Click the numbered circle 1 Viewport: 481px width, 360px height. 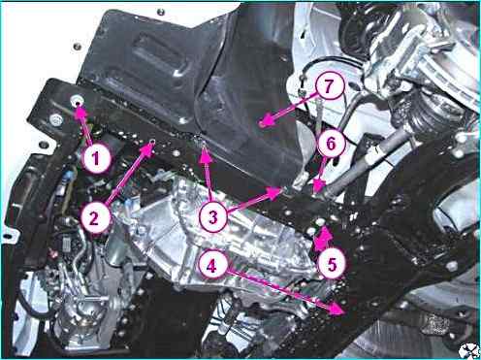point(95,158)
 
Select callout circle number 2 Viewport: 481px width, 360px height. point(95,217)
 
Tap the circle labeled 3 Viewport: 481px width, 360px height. point(213,216)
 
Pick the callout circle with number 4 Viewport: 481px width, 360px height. point(212,266)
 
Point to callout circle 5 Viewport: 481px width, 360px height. point(332,264)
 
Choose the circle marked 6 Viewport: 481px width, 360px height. point(331,144)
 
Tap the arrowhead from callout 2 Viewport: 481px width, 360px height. point(148,148)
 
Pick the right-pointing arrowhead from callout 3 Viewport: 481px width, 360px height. point(274,192)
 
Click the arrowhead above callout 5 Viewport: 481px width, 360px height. point(322,238)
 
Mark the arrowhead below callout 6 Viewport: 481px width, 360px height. point(320,186)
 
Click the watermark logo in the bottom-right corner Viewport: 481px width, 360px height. point(468,350)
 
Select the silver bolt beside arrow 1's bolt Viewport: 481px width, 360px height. point(56,119)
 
